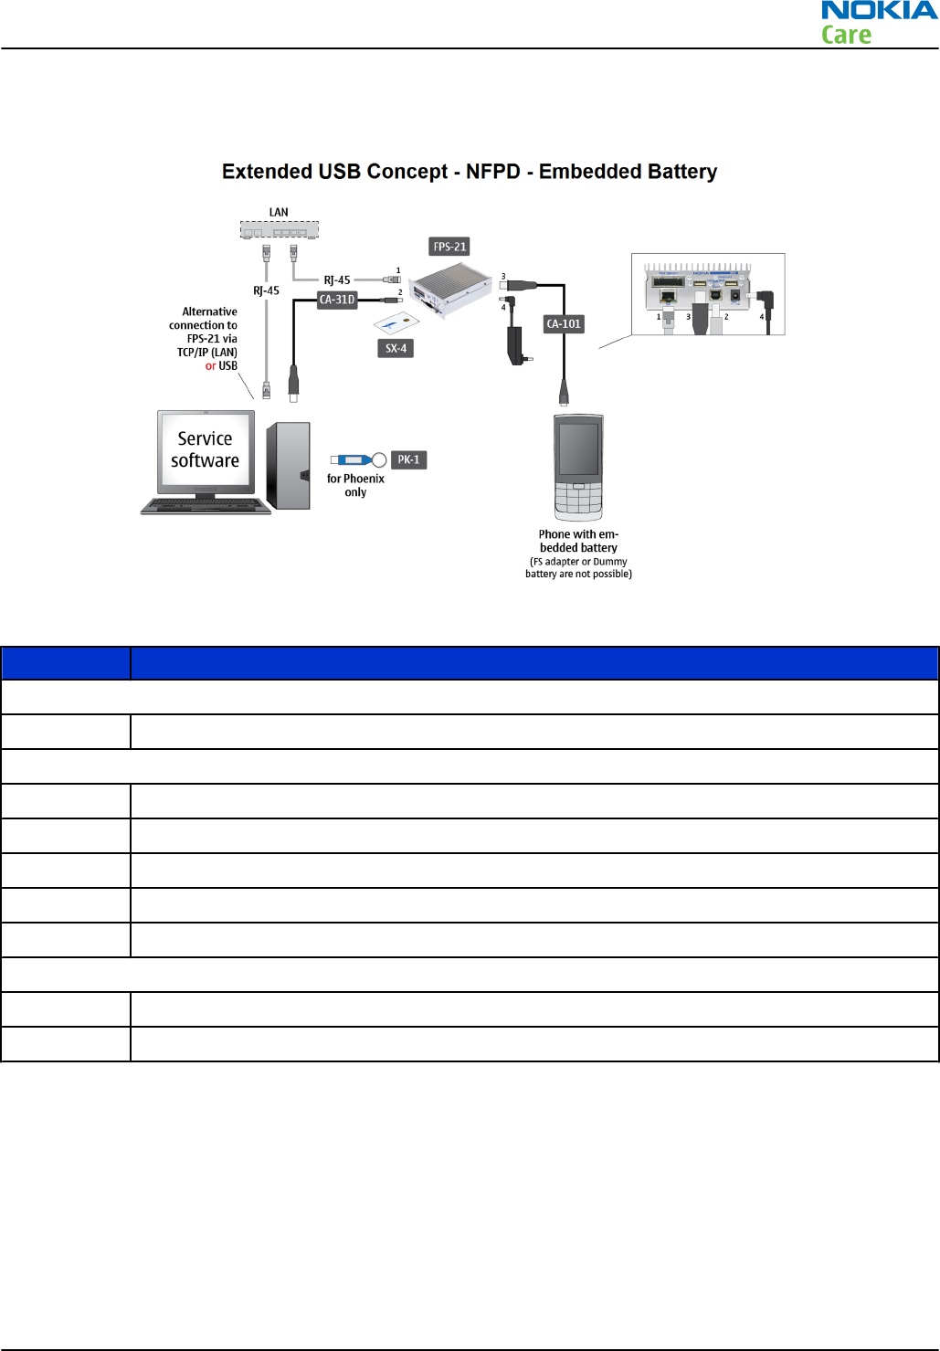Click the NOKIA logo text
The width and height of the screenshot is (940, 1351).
pyautogui.click(x=879, y=11)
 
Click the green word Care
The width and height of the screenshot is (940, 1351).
pyautogui.click(x=846, y=36)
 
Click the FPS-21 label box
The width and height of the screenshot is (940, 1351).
pyautogui.click(x=449, y=247)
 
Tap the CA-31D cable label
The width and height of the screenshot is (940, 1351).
pyautogui.click(x=337, y=300)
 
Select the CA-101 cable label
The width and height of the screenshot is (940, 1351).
pyautogui.click(x=564, y=324)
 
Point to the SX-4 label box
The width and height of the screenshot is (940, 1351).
pyautogui.click(x=396, y=348)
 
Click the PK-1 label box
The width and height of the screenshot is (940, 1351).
pyautogui.click(x=408, y=459)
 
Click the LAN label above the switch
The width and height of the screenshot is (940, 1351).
pyautogui.click(x=279, y=212)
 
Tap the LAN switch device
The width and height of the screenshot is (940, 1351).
pyautogui.click(x=280, y=229)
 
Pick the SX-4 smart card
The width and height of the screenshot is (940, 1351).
pyautogui.click(x=396, y=323)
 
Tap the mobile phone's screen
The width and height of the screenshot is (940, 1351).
pyautogui.click(x=578, y=449)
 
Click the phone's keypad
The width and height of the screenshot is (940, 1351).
pyautogui.click(x=578, y=501)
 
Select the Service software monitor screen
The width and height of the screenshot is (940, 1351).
pyautogui.click(x=206, y=449)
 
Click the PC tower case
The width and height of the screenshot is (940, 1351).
pyautogui.click(x=289, y=466)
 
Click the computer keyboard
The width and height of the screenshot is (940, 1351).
pyautogui.click(x=206, y=505)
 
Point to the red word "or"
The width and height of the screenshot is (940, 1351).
pyautogui.click(x=210, y=366)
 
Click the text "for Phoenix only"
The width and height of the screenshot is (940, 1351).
pyautogui.click(x=355, y=485)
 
